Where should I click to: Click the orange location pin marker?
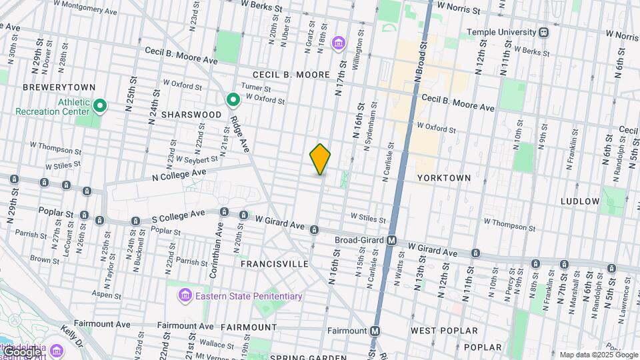320,159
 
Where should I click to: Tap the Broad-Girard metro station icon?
393,240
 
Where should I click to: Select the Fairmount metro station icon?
375,330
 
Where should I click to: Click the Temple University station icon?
545,32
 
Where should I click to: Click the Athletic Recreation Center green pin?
100,105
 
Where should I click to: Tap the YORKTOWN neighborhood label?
443,178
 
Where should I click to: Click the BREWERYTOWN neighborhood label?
59,87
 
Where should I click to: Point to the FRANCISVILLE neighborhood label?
275,264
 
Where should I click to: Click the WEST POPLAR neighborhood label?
444,331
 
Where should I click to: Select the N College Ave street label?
178,175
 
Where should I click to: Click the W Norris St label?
459,9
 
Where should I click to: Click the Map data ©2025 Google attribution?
597,355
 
